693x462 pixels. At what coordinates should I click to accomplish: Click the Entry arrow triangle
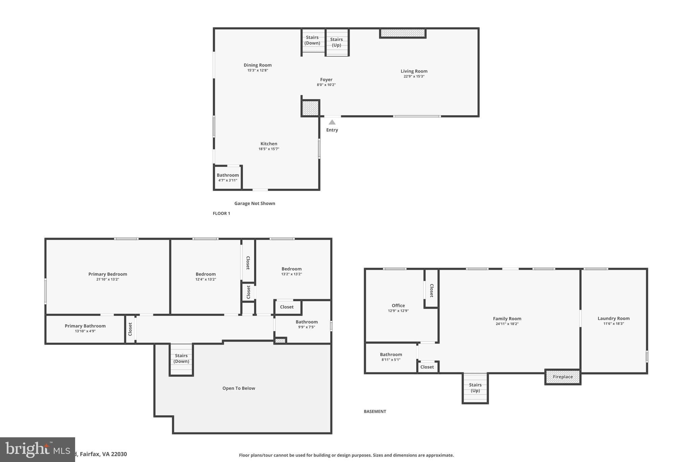pos(332,123)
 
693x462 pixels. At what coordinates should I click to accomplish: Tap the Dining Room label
pos(258,65)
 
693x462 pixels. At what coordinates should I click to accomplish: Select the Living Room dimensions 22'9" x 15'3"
pos(414,76)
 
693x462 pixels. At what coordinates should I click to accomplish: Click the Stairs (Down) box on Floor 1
pos(313,40)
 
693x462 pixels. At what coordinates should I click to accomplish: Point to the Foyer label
pos(326,80)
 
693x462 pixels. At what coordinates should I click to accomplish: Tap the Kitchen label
pos(269,144)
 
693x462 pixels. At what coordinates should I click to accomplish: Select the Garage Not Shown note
pos(254,203)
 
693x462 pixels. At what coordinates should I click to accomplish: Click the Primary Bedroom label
pos(108,274)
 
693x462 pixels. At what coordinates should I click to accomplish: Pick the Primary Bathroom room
pos(85,328)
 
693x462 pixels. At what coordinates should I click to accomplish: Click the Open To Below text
pos(239,388)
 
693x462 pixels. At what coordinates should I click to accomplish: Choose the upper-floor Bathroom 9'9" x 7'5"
pos(306,324)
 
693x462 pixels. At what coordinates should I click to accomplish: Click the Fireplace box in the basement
pos(563,377)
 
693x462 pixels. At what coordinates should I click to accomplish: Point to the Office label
pos(398,305)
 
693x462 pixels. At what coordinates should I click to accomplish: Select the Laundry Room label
pos(613,318)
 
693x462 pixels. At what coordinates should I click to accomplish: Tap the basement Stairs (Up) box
pos(475,388)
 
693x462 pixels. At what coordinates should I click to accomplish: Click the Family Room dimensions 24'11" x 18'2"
pos(507,324)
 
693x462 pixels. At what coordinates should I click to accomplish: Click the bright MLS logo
pos(37,449)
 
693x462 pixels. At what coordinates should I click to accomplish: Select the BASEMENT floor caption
pos(375,412)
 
